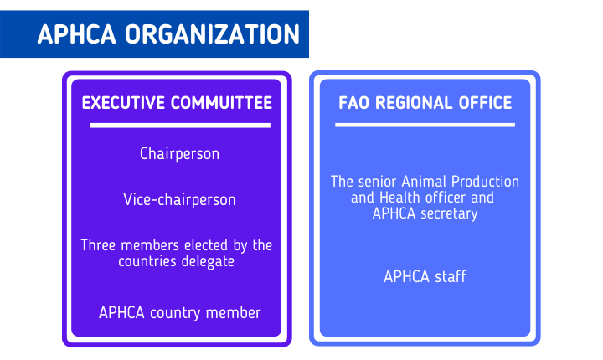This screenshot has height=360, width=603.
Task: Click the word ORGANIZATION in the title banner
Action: (x=212, y=34)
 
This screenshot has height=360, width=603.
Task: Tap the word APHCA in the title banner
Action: (x=76, y=34)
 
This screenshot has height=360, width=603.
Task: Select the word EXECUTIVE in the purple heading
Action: (x=123, y=103)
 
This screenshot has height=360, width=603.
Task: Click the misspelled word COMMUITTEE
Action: (x=221, y=103)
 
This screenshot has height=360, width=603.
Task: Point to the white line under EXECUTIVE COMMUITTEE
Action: (x=180, y=126)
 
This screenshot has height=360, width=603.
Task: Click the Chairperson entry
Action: (x=179, y=154)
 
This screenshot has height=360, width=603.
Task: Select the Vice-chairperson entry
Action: (x=179, y=199)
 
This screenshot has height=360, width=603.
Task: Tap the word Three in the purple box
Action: (x=98, y=245)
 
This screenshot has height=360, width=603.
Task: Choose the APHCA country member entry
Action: (x=179, y=312)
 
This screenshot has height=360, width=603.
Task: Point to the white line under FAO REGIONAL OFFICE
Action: (x=425, y=125)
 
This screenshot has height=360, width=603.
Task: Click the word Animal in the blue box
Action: (x=423, y=182)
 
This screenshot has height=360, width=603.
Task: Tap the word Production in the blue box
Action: (x=485, y=182)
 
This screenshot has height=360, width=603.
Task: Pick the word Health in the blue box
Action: (x=399, y=198)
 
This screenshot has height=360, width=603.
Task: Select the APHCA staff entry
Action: (x=425, y=276)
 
